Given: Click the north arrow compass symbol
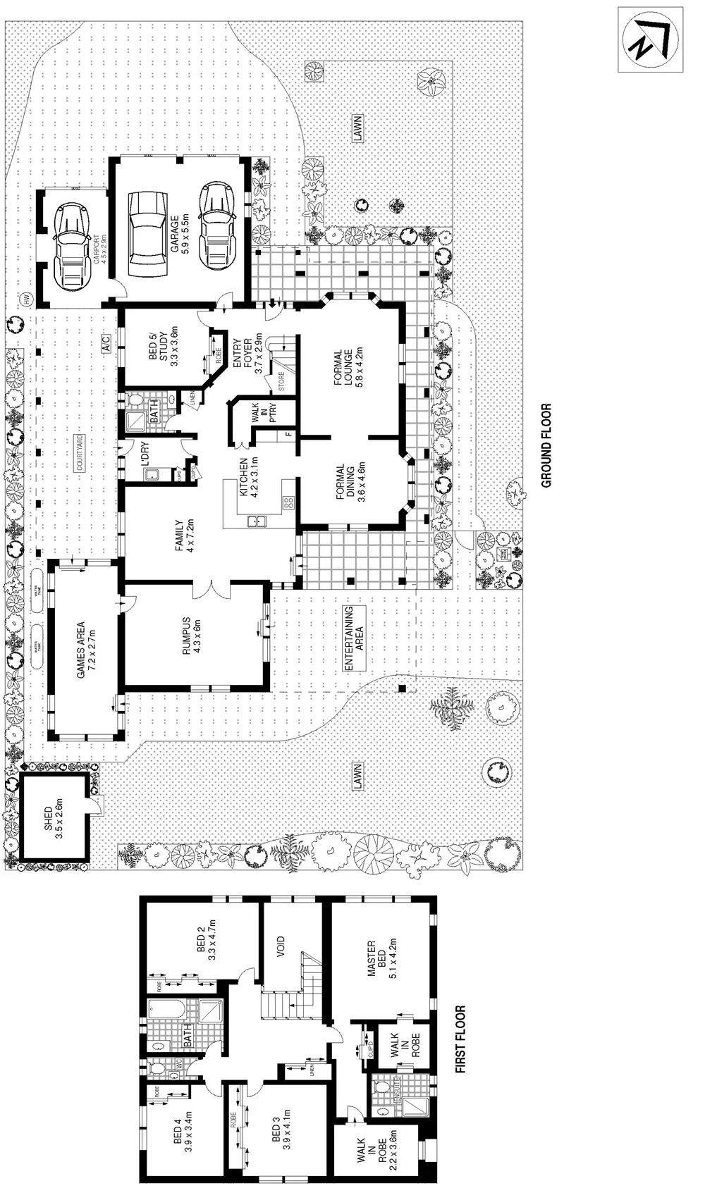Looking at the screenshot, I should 651,39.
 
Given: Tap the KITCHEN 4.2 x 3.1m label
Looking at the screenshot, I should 249,476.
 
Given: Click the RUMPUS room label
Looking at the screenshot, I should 192,636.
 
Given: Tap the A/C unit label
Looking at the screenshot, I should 104,344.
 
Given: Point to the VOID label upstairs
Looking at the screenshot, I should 281,944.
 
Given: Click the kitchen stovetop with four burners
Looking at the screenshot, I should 288,502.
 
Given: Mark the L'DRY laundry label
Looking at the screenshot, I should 147,457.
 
